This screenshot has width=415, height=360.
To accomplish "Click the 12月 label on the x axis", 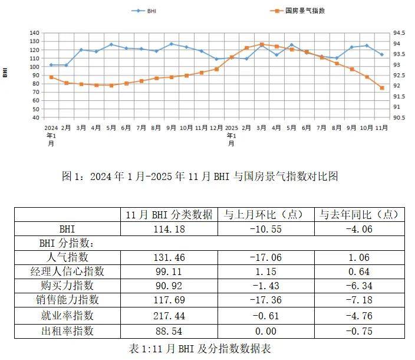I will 216,127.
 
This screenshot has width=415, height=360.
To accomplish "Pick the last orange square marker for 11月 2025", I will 382,88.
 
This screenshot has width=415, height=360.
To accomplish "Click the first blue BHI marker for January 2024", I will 51,65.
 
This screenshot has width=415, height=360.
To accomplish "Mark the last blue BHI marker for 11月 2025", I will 382,54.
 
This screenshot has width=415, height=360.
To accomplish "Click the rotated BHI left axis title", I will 5,73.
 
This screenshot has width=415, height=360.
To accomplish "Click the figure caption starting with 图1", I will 200,176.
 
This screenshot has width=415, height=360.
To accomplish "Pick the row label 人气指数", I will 67,257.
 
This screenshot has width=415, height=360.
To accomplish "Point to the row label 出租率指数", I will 67,330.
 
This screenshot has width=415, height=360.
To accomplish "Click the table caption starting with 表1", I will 199,348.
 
